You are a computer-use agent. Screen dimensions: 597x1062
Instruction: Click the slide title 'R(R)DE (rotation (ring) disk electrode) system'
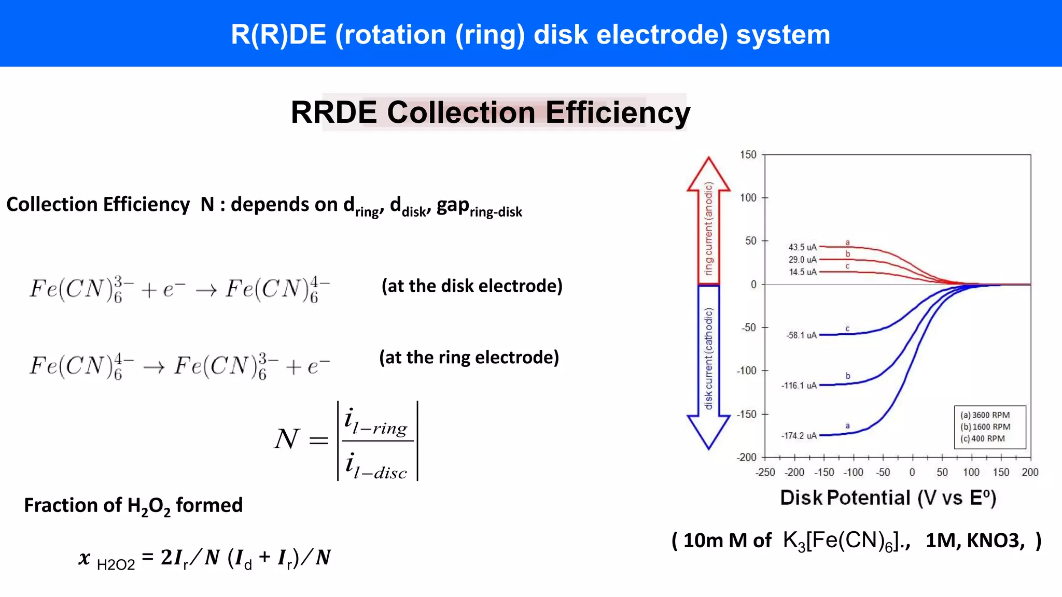530,35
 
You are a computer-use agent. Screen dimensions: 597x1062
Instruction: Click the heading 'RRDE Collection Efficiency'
490,112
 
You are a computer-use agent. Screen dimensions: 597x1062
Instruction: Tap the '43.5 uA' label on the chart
802,247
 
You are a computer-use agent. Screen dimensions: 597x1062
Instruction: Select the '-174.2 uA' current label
799,436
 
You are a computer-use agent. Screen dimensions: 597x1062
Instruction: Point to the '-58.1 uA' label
801,335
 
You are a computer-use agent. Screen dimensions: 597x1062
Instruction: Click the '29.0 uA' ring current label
802,260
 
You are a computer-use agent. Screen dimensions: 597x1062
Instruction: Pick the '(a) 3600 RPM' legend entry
985,415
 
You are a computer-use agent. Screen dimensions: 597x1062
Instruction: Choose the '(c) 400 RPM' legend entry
982,438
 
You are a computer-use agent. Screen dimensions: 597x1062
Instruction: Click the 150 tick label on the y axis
748,154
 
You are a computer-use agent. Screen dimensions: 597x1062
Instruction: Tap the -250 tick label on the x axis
765,472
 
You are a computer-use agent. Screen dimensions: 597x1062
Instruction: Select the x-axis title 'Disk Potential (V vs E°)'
888,497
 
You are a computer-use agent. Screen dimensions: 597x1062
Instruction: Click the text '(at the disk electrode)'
472,286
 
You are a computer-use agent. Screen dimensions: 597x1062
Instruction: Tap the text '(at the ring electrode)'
469,358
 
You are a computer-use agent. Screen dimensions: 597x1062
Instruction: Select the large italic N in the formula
286,439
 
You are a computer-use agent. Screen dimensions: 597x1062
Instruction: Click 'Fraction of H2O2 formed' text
133,505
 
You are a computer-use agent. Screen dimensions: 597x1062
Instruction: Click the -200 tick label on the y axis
746,457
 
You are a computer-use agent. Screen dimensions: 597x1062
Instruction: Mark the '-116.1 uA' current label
799,386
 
